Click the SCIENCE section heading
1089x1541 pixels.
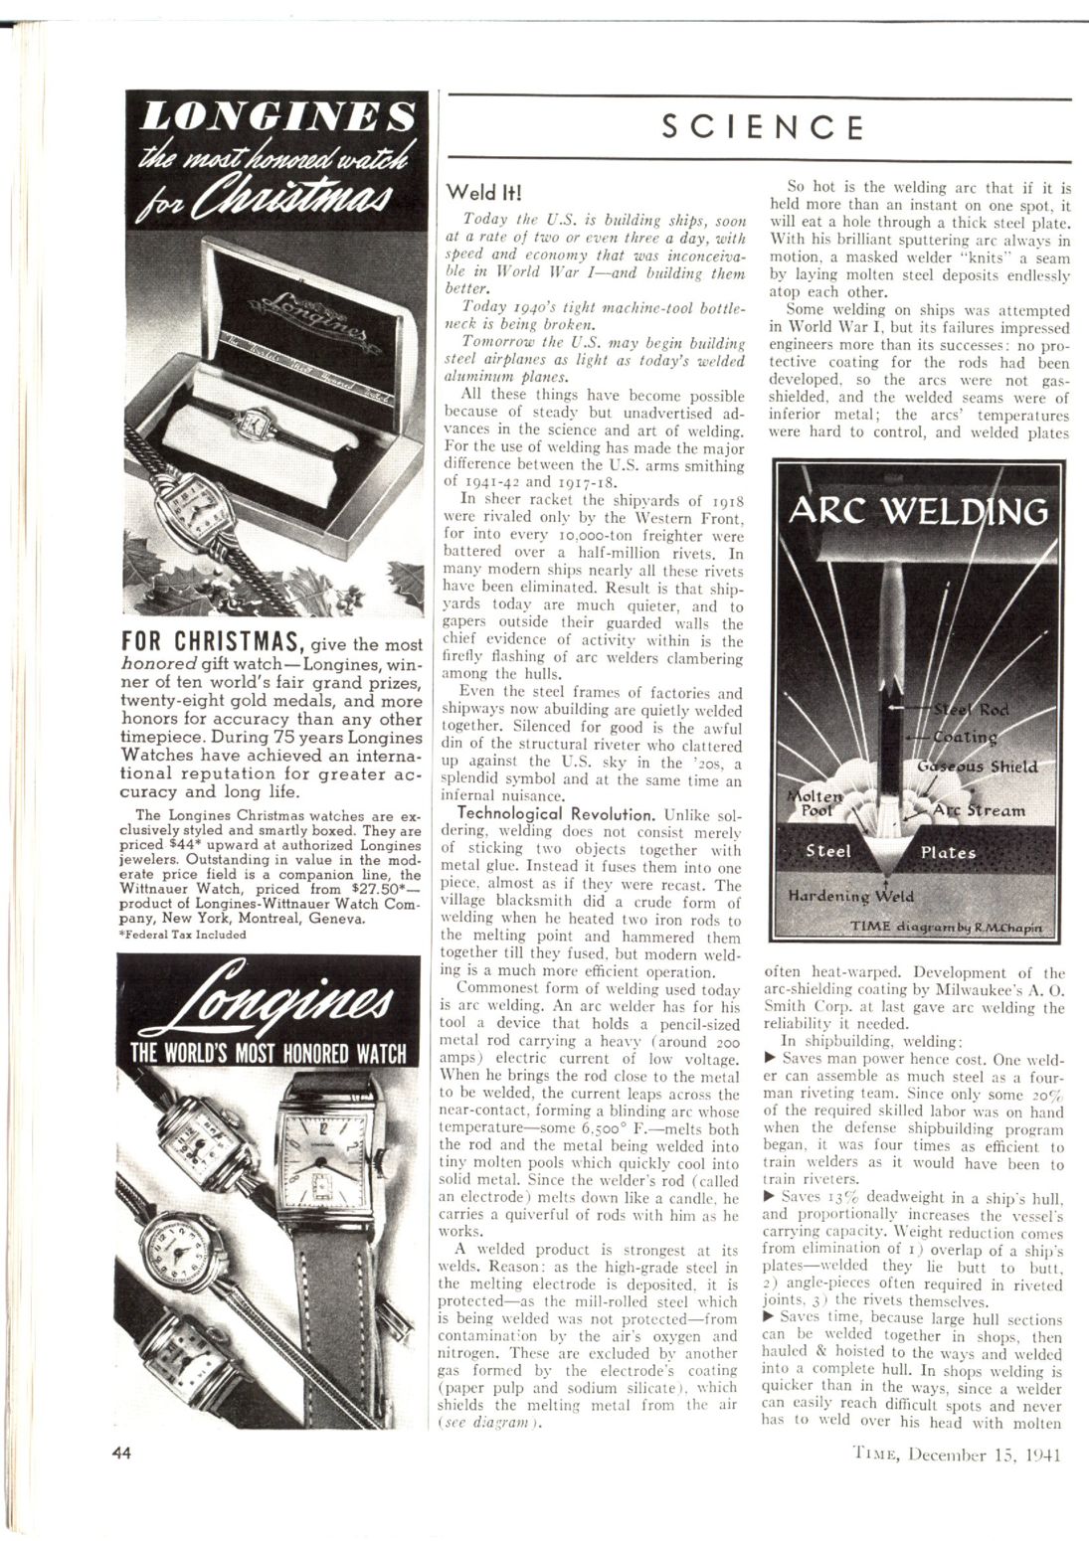[x=762, y=127]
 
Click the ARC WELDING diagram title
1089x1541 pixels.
[x=918, y=511]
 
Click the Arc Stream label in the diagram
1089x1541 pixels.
[x=979, y=810]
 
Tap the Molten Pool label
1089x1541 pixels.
[x=814, y=802]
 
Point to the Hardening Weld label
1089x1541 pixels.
[x=850, y=895]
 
